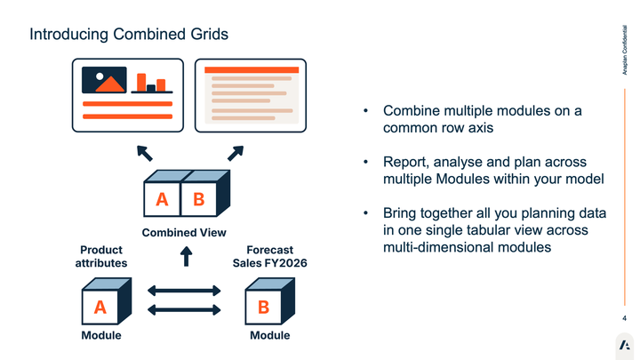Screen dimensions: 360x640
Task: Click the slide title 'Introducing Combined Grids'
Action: pos(128,34)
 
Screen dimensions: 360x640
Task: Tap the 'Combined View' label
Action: pos(184,232)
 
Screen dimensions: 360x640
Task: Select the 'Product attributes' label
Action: pos(100,257)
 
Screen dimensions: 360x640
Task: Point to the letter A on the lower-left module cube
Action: pos(100,308)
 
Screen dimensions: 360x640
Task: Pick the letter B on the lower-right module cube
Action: pos(263,308)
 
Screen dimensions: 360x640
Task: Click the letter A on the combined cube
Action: pos(162,200)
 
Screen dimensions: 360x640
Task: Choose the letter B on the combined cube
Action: pos(198,200)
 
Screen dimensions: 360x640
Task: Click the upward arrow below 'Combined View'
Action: pos(186,257)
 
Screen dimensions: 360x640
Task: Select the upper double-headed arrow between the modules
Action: pos(184,291)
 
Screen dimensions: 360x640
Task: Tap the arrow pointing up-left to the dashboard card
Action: pos(145,153)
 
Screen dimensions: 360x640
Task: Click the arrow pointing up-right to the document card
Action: pos(235,153)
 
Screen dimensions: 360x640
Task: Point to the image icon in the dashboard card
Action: pos(104,80)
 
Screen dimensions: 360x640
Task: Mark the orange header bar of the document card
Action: pos(251,69)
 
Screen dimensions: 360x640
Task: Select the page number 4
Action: pos(624,318)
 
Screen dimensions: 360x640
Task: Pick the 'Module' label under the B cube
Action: pos(269,335)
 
